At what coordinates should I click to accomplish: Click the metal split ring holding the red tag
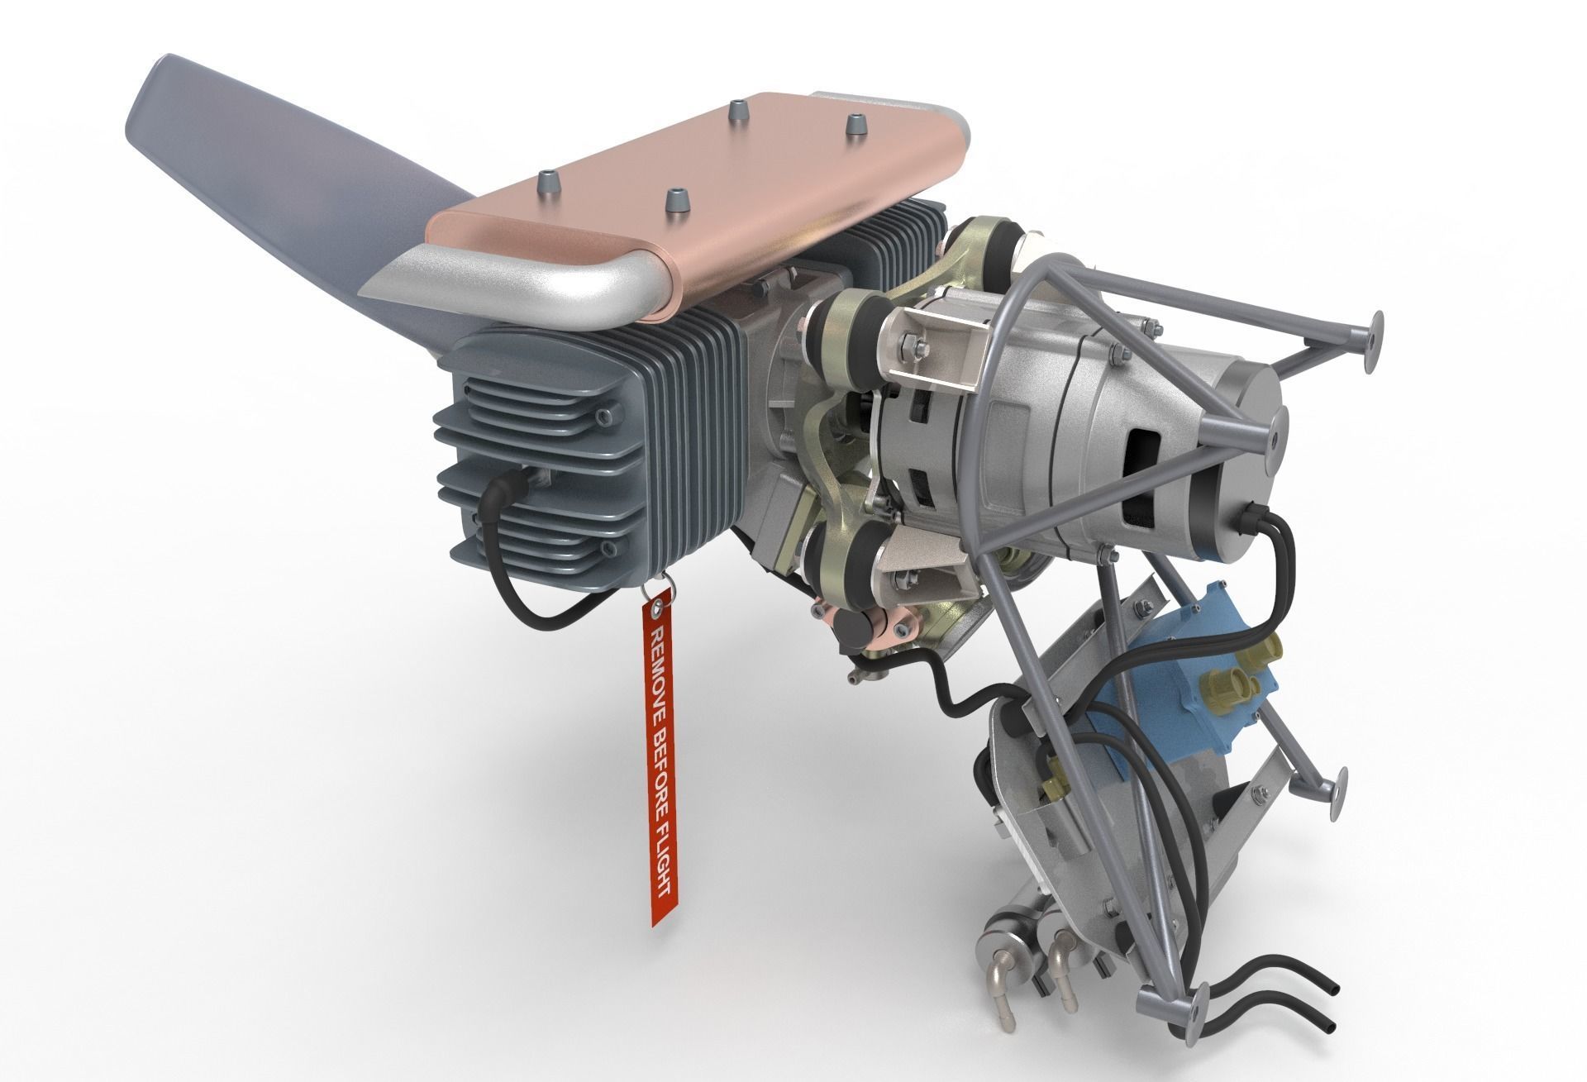(664, 589)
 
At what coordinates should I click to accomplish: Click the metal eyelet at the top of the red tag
(657, 610)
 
